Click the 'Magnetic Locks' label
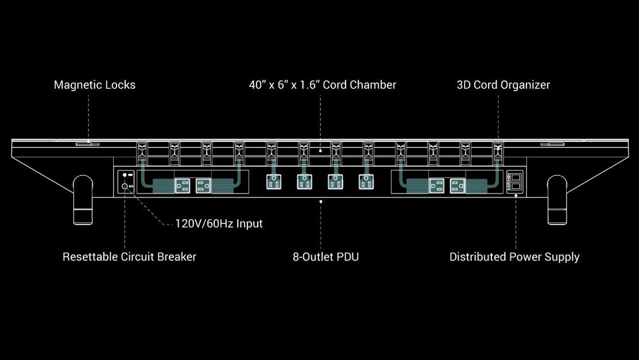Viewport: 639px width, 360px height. [95, 85]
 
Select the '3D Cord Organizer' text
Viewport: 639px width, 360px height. [503, 85]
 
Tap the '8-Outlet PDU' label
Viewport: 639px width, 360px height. [326, 257]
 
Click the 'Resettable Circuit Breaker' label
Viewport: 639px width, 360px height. [129, 257]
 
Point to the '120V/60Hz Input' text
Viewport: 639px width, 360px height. [219, 223]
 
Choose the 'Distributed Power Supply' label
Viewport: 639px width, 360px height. [514, 257]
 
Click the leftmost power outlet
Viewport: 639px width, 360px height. [182, 185]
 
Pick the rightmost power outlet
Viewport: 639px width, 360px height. [458, 185]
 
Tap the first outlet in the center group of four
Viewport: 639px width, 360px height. [273, 182]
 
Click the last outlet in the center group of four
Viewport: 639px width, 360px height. [366, 182]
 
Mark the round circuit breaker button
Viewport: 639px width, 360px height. [124, 186]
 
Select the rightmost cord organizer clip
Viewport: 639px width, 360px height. [497, 154]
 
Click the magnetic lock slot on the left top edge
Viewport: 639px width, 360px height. [88, 144]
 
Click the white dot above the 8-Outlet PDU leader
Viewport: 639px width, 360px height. [320, 202]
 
